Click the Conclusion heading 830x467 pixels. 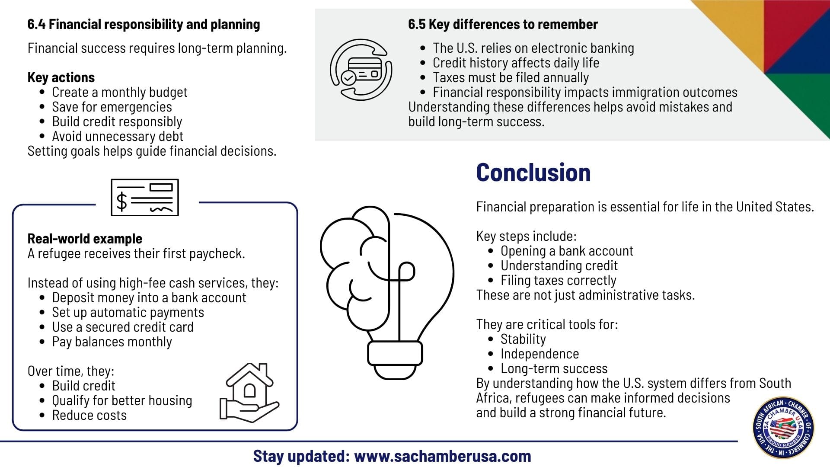(x=533, y=173)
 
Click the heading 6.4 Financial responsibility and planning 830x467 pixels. (x=144, y=25)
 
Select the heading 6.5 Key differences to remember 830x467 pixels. (x=503, y=25)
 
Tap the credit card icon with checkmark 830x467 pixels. (x=361, y=70)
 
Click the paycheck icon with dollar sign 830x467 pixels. (x=145, y=198)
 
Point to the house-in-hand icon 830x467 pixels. (x=249, y=392)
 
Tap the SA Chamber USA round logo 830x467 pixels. (x=783, y=428)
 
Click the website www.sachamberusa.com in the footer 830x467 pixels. (x=442, y=456)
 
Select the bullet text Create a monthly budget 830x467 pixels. (x=120, y=93)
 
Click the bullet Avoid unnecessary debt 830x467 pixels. (x=118, y=137)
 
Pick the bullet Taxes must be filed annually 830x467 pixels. (x=511, y=78)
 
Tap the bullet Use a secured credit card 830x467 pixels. (x=123, y=327)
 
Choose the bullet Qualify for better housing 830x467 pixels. (x=122, y=401)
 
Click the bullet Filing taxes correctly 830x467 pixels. (x=558, y=281)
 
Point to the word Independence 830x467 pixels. (x=539, y=354)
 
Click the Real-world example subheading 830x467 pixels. (x=85, y=239)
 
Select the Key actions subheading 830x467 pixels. (x=61, y=78)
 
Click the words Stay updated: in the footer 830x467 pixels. (x=301, y=456)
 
